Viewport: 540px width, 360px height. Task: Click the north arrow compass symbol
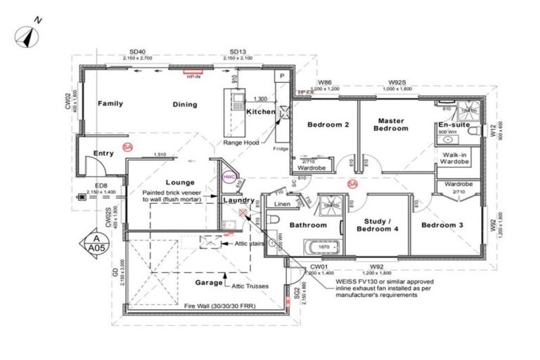(x=27, y=35)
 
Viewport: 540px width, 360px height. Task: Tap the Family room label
(x=110, y=103)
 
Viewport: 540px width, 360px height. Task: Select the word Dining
(x=184, y=105)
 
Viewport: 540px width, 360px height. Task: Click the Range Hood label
(x=241, y=142)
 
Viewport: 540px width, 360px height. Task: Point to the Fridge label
(x=281, y=148)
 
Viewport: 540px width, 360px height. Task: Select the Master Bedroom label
(x=391, y=124)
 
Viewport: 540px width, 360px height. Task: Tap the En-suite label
(x=452, y=124)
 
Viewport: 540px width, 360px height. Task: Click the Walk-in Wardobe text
(x=454, y=157)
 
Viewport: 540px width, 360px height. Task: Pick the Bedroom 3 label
(x=442, y=225)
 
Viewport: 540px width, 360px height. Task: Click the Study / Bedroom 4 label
(x=378, y=226)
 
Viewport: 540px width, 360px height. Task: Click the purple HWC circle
(x=229, y=179)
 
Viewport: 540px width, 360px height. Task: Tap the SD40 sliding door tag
(x=138, y=52)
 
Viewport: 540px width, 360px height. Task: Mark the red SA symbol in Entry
(x=127, y=147)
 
